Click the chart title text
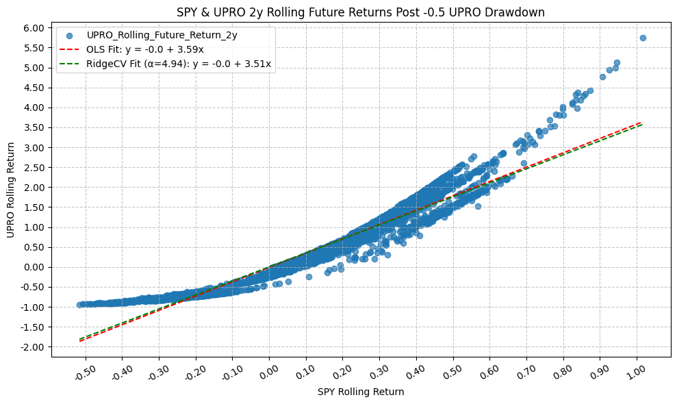coord(361,12)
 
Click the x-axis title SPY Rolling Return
coord(361,392)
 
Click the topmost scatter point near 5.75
coord(642,38)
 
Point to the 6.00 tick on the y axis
coord(34,28)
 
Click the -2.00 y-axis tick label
coord(33,347)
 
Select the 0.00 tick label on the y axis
coord(34,267)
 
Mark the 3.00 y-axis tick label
coord(34,148)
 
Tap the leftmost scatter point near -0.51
coord(79,305)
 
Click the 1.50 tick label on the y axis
coord(34,207)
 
